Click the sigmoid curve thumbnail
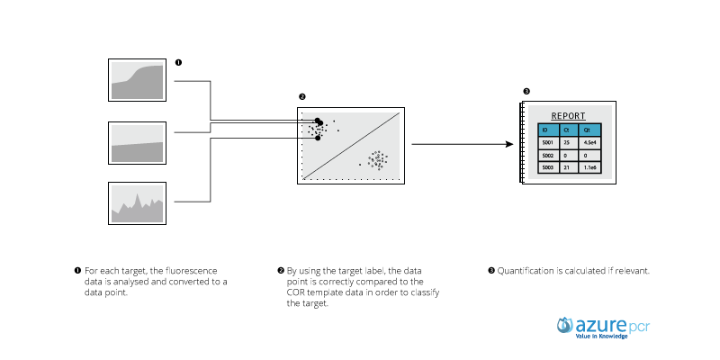click(x=137, y=80)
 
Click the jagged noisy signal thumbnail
click(x=137, y=203)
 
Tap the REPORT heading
click(x=568, y=116)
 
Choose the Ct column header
click(x=567, y=130)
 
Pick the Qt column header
click(x=589, y=130)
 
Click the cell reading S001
click(x=547, y=142)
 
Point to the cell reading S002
click(x=547, y=155)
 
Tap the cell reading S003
click(x=547, y=167)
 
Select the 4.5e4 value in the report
click(x=590, y=142)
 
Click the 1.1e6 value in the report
click(x=590, y=167)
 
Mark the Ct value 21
click(x=567, y=167)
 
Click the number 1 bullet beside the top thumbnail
click(x=178, y=63)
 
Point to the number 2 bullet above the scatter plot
click(x=301, y=96)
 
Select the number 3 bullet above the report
click(x=526, y=91)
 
